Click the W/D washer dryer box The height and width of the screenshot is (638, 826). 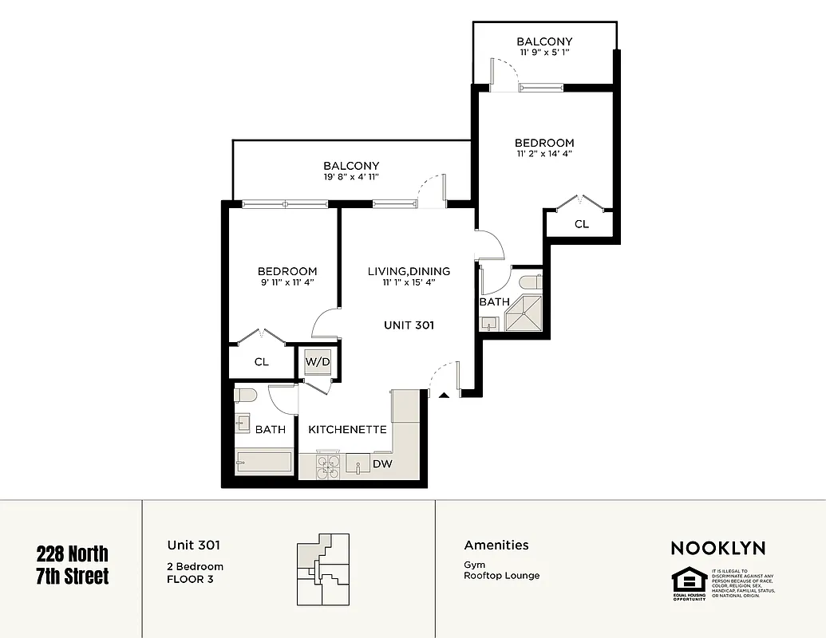click(317, 361)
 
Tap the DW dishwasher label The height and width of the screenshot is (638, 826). click(381, 463)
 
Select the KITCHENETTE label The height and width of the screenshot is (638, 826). click(347, 429)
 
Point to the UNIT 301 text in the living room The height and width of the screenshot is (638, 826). click(409, 325)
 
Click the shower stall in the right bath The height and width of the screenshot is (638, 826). click(524, 313)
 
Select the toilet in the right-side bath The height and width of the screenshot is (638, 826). click(530, 282)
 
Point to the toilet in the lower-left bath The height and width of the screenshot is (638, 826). click(245, 395)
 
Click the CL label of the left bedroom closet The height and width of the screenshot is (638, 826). click(261, 361)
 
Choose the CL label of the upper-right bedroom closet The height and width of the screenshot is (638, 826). click(582, 224)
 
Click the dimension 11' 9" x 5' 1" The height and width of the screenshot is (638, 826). click(543, 53)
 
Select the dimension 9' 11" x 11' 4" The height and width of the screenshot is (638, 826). click(287, 282)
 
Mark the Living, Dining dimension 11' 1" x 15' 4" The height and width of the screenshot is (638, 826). click(409, 282)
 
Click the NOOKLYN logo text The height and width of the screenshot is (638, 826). click(717, 548)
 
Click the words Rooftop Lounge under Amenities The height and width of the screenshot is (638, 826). click(501, 575)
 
